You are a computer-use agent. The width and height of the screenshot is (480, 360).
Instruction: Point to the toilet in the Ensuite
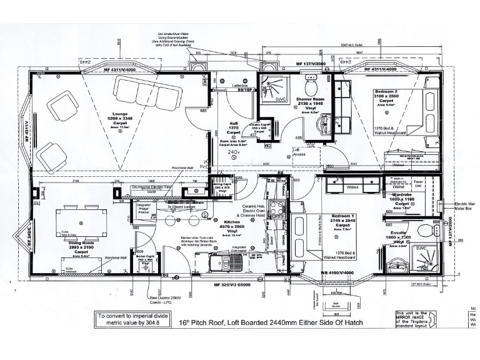point(424,231)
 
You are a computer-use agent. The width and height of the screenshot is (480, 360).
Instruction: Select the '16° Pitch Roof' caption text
point(262,324)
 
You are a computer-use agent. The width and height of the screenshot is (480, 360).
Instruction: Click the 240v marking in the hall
point(234,152)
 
